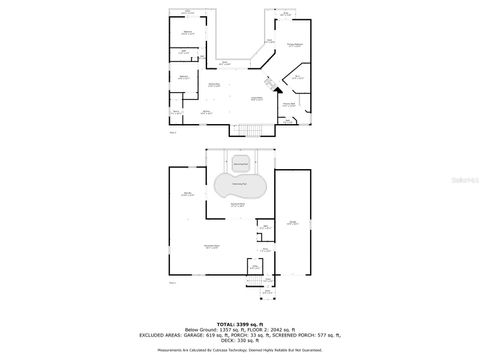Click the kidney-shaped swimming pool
[x=239, y=187]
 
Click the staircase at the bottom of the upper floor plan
[x=252, y=129]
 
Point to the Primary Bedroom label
[x=294, y=46]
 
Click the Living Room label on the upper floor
[x=256, y=97]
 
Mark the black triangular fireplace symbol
[x=267, y=83]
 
